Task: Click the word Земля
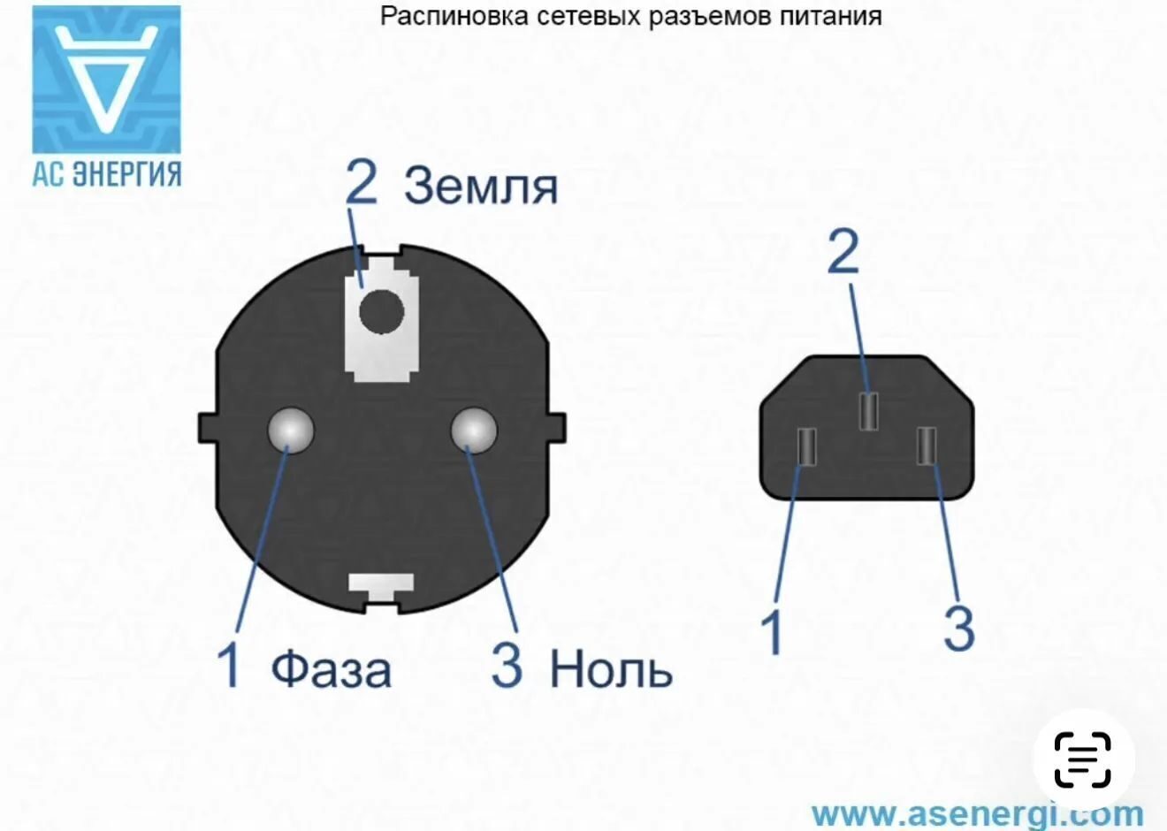(481, 186)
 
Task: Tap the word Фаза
(332, 669)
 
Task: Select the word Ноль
(612, 669)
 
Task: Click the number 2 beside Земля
(362, 182)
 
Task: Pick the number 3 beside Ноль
(507, 665)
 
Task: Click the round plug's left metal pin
(291, 431)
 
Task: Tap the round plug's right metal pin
(474, 431)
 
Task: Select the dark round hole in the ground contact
(382, 311)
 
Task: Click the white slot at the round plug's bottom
(381, 587)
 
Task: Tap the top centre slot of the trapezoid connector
(868, 411)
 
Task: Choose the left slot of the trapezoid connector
(806, 446)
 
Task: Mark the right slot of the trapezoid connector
(927, 446)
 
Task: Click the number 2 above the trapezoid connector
(843, 252)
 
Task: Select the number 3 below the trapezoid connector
(959, 629)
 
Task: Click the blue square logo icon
(107, 80)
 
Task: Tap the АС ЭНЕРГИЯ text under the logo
(107, 174)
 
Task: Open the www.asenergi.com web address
(978, 812)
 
